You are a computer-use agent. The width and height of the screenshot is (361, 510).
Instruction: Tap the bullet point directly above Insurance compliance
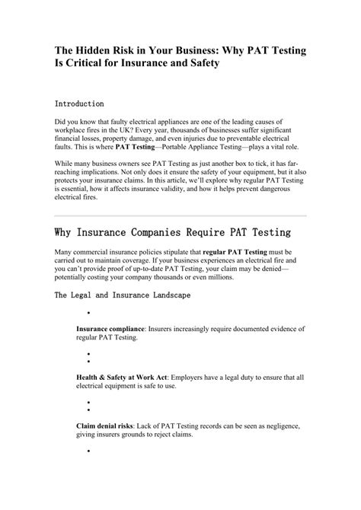(x=89, y=312)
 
